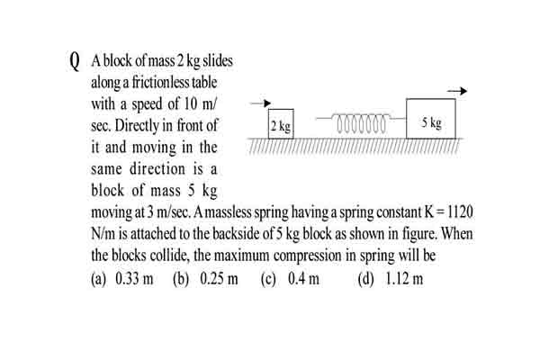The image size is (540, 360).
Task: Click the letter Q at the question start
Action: [74, 62]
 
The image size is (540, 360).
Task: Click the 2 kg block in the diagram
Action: [281, 124]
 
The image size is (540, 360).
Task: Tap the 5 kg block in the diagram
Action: [431, 119]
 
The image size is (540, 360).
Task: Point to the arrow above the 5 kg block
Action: [457, 91]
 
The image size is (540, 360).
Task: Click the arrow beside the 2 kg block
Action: [261, 103]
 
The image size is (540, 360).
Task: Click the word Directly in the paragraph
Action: [136, 126]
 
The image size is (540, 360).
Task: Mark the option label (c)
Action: [268, 279]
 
